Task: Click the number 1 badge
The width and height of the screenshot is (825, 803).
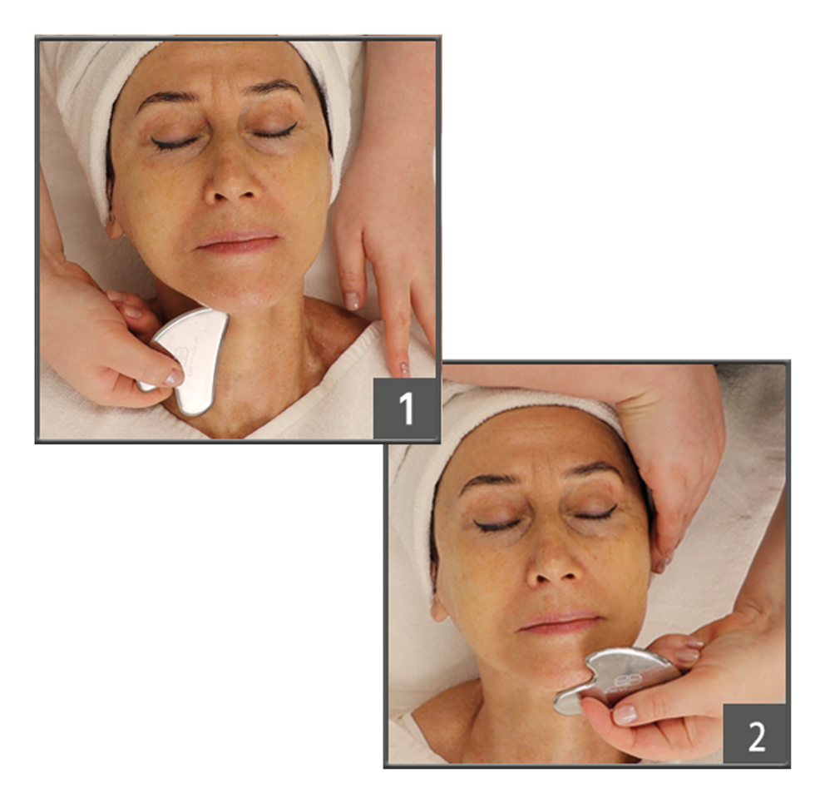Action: (x=405, y=409)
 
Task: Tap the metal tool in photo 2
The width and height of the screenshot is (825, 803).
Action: (x=615, y=679)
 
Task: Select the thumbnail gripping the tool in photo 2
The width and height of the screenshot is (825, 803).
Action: (x=625, y=715)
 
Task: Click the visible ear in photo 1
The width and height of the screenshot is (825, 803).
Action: (x=114, y=227)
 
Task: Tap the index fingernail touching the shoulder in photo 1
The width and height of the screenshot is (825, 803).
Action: (x=404, y=368)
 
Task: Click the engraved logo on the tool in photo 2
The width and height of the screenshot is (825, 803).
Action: (x=637, y=681)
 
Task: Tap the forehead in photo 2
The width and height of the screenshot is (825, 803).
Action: (x=536, y=443)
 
